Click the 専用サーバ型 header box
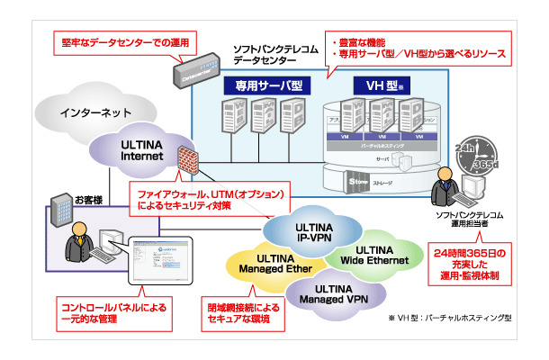pos(264,86)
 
